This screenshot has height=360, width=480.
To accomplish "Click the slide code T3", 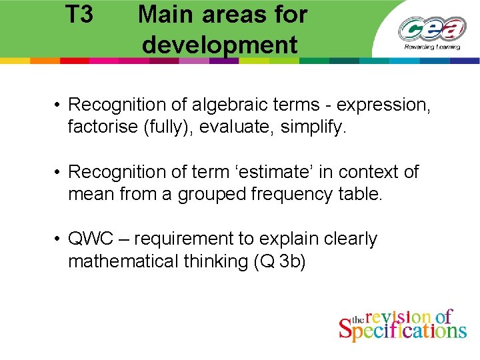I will pos(80,14).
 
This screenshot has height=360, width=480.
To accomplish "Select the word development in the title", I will pos(219,45).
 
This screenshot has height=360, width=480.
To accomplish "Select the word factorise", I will pos(103,127).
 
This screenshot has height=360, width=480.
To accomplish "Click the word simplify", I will pos(310,127).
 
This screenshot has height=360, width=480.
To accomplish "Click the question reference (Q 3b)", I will pos(279,261).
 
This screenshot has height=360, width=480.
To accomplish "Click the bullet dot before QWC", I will pos(59,239).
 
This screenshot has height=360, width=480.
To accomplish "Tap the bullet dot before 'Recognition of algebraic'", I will pos(59,105).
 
